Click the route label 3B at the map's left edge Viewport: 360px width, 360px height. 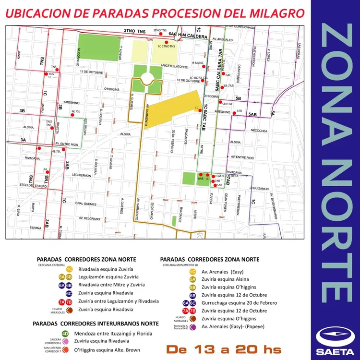22,111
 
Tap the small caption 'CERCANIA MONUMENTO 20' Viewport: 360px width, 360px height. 180,265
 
